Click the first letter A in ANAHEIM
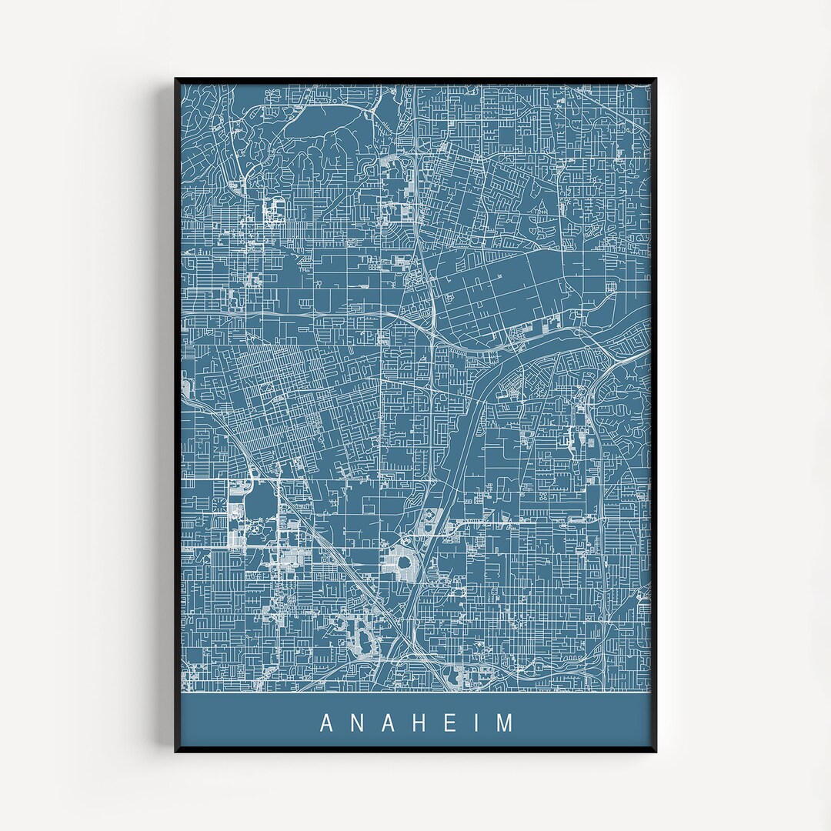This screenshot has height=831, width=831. [x=325, y=723]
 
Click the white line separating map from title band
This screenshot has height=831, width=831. [x=415, y=692]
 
